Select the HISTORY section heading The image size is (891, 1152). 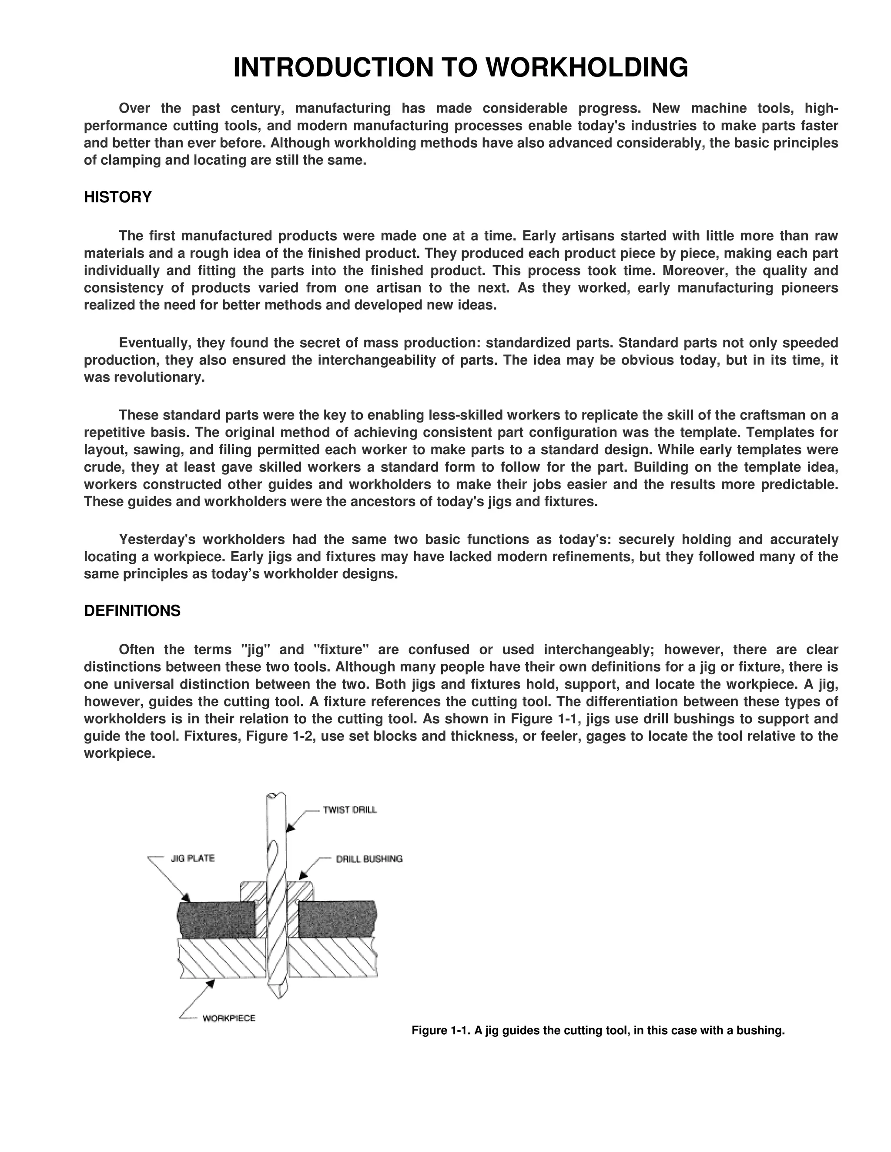tap(118, 197)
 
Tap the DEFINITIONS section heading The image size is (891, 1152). tap(132, 611)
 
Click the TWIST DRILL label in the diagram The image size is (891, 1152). tap(349, 810)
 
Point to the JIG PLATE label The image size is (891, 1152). tap(192, 858)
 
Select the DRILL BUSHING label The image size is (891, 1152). tap(369, 859)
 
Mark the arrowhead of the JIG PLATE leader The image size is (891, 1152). tap(186, 898)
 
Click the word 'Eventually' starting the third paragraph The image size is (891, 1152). tap(155, 343)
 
